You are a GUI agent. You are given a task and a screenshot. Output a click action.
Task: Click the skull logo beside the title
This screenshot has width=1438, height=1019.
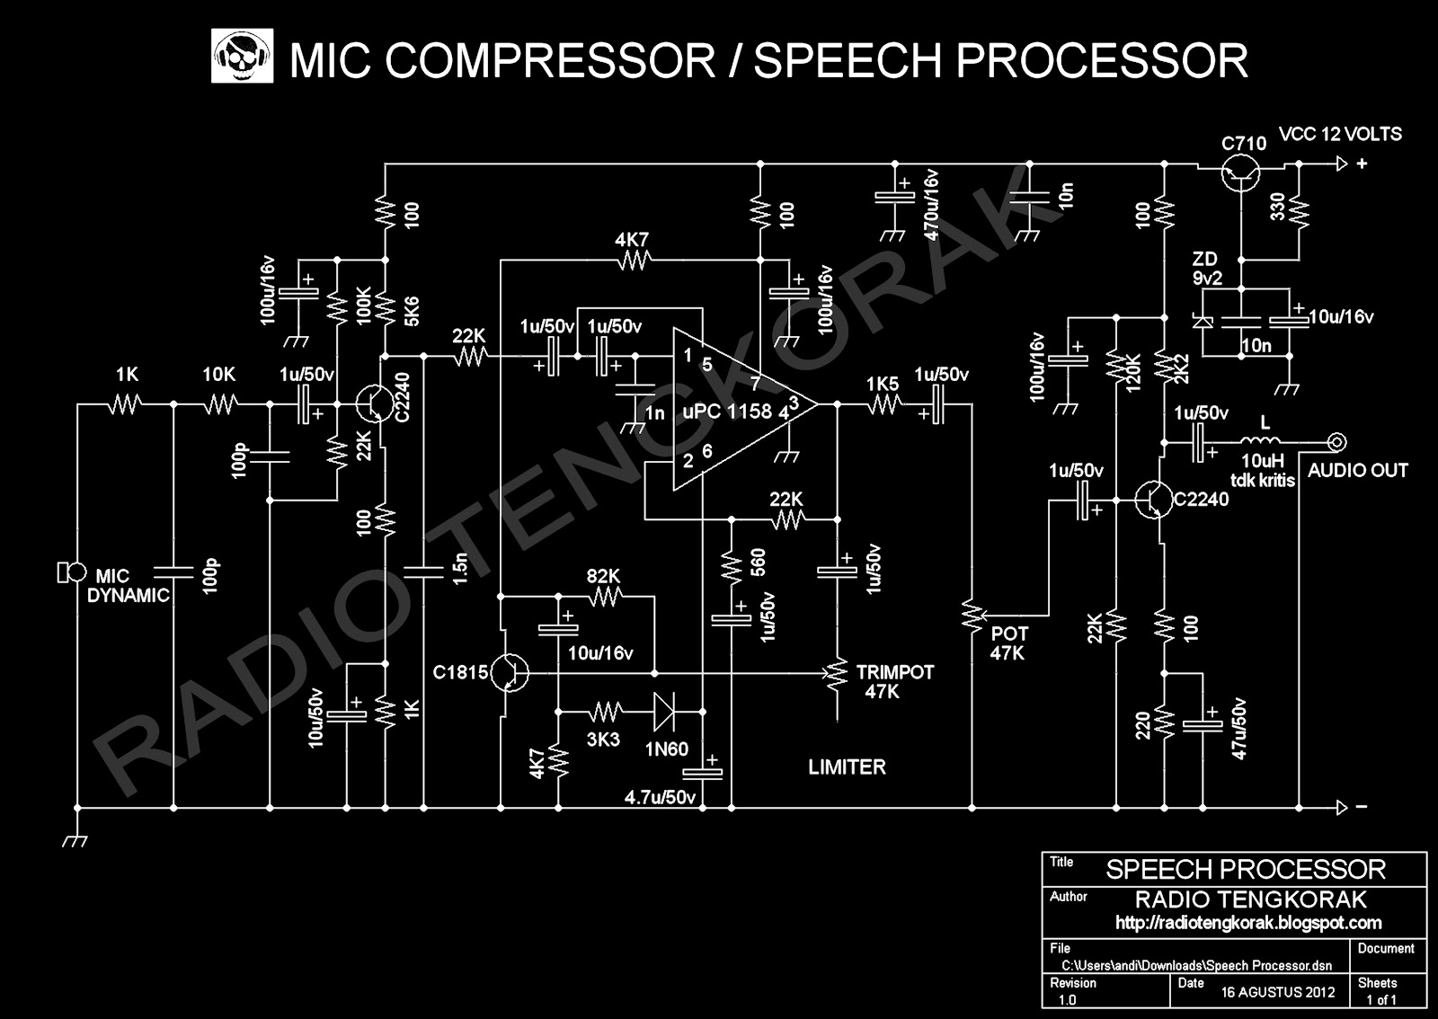click(242, 57)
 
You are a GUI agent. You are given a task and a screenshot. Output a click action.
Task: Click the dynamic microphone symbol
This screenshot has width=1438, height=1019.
click(69, 571)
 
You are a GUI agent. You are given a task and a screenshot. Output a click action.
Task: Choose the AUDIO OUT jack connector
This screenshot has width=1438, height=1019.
click(1337, 441)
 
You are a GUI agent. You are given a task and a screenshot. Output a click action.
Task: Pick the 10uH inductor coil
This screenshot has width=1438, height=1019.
click(1265, 441)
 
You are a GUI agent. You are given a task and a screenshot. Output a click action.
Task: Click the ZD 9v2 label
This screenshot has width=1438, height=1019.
click(1207, 269)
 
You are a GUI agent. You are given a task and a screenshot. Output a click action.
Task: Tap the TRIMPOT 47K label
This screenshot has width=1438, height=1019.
click(894, 682)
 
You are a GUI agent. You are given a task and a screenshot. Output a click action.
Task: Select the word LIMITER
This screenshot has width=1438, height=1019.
click(847, 766)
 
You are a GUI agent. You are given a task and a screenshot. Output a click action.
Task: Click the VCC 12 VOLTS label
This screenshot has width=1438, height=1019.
click(1340, 135)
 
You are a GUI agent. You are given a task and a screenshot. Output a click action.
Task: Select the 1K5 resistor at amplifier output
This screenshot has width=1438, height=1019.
click(883, 406)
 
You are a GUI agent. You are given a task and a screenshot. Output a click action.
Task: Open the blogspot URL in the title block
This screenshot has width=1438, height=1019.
click(1247, 923)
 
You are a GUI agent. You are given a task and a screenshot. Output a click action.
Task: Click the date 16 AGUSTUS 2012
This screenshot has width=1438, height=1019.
click(1278, 993)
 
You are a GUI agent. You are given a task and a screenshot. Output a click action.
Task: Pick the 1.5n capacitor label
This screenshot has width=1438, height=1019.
click(460, 570)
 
